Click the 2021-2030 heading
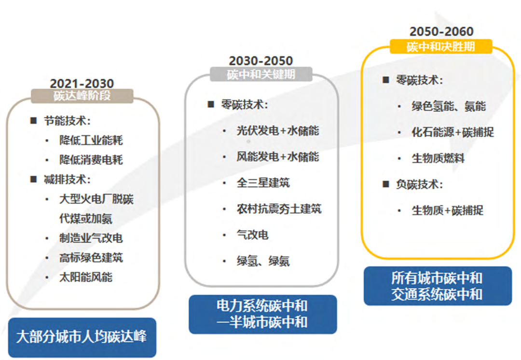click(x=82, y=83)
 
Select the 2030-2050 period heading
click(x=261, y=61)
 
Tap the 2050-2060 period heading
click(x=441, y=32)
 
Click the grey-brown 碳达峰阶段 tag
click(x=82, y=96)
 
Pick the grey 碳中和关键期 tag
click(x=261, y=74)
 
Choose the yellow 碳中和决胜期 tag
click(x=441, y=46)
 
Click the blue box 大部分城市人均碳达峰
click(x=82, y=336)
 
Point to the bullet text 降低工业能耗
click(x=91, y=140)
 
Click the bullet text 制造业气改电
click(x=91, y=238)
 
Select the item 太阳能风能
click(x=86, y=277)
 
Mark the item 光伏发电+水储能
click(x=277, y=131)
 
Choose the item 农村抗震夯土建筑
click(x=279, y=209)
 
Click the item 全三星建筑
click(x=263, y=183)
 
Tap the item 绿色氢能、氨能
click(x=449, y=106)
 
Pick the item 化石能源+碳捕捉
click(x=452, y=132)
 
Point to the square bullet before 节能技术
click(x=33, y=121)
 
